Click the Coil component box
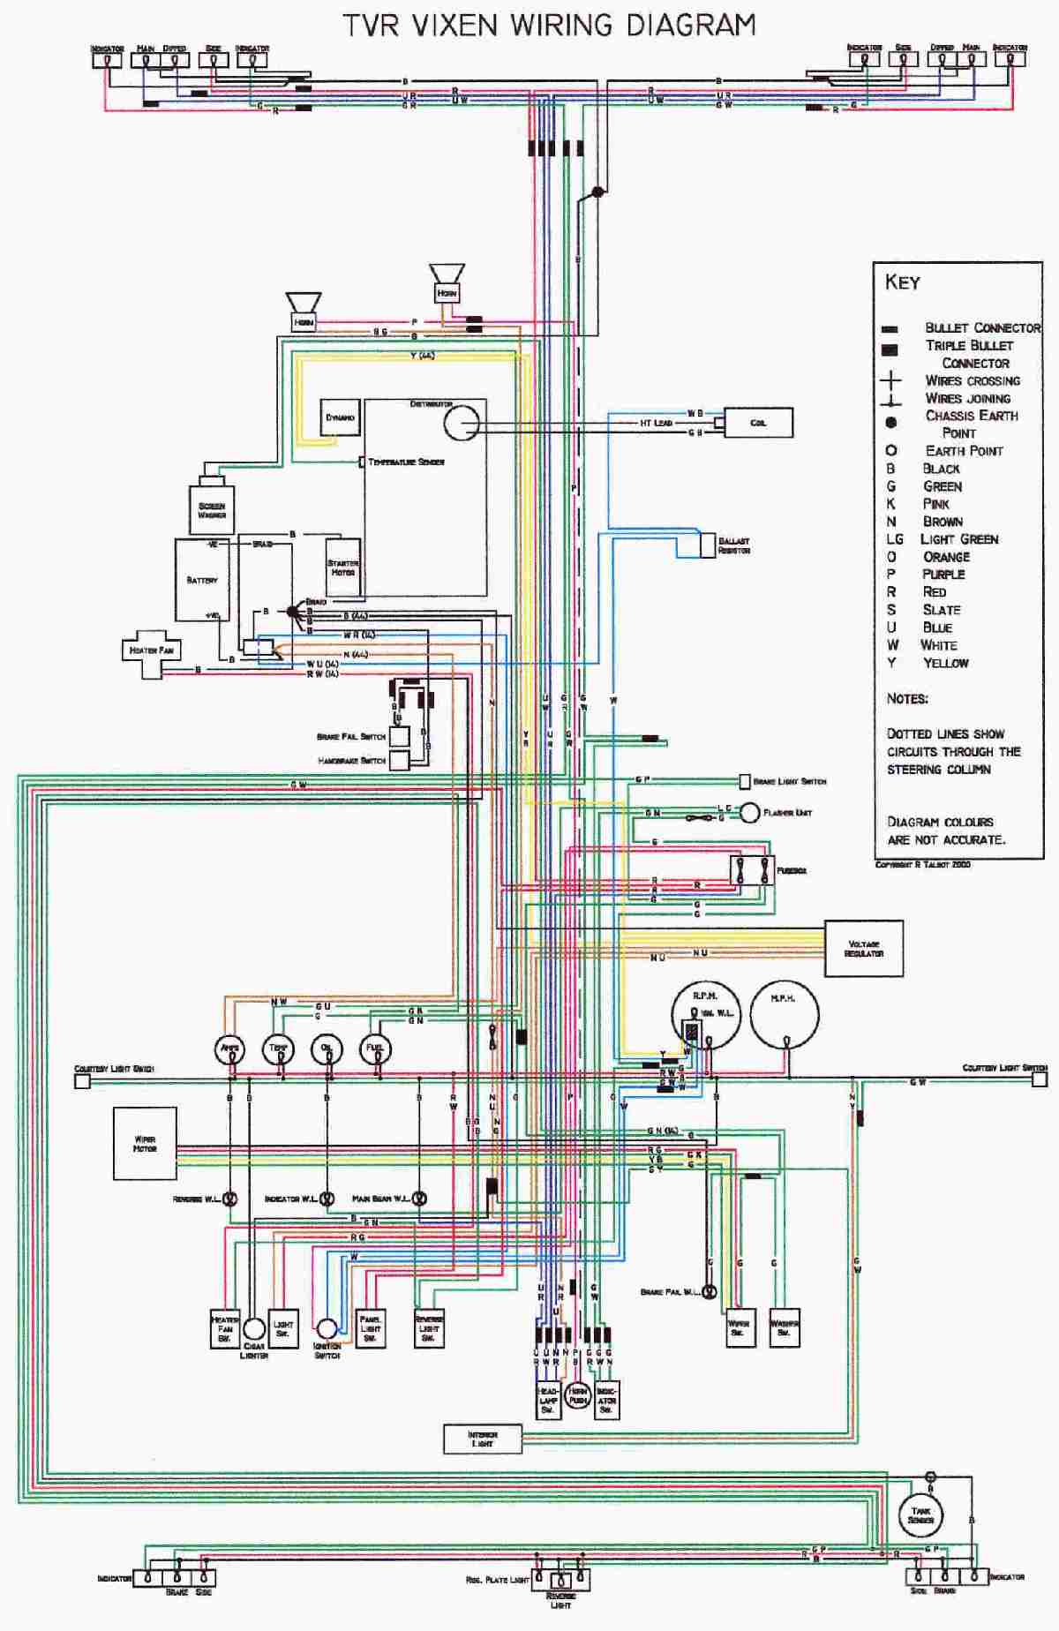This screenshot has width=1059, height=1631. (758, 423)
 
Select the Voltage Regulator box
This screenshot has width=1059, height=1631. (863, 949)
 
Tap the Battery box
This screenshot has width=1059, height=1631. (202, 580)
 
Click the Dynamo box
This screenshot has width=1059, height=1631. (340, 417)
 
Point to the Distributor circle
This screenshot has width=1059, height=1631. (461, 423)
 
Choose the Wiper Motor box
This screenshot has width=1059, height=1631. (145, 1144)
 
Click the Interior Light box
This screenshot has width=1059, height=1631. (482, 1439)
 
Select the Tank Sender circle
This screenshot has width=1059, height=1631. (920, 1515)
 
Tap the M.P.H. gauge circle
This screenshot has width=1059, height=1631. (785, 1016)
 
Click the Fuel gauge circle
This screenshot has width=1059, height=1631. (375, 1048)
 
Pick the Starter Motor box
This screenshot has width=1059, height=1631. (342, 567)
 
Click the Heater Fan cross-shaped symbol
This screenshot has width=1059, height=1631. (151, 651)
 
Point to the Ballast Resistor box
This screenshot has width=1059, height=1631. (708, 545)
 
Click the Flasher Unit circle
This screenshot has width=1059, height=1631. (749, 812)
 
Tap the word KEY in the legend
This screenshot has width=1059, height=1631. (903, 282)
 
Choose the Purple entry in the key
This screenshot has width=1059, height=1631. (943, 574)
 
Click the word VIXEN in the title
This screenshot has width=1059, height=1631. (458, 25)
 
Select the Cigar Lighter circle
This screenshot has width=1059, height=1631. (254, 1330)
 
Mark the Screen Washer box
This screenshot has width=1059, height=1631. (212, 509)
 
